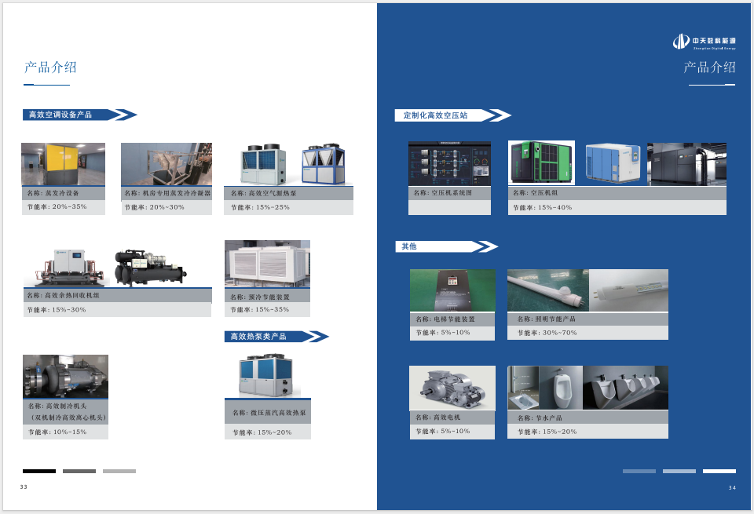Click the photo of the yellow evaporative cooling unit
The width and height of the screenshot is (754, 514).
click(x=63, y=164)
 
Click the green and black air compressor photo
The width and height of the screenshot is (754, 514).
click(x=541, y=163)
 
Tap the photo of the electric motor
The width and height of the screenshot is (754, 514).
click(x=452, y=388)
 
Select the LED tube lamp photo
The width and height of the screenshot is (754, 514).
click(x=547, y=290)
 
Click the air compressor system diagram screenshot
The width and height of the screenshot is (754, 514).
click(x=449, y=163)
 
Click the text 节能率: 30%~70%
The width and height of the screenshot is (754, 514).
click(x=547, y=333)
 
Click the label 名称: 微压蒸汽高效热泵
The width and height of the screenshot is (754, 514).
click(x=269, y=413)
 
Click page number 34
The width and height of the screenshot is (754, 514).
click(x=732, y=488)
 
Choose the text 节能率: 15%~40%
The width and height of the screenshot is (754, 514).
click(x=543, y=208)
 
